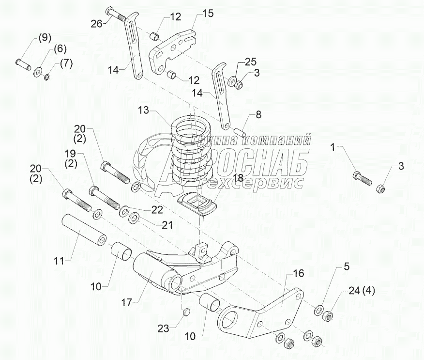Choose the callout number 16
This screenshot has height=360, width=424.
click(299, 274)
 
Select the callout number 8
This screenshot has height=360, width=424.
click(258, 115)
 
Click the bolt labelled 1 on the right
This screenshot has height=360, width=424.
click(363, 178)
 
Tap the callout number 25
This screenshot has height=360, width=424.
click(250, 62)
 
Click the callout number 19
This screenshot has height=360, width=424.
click(71, 155)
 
